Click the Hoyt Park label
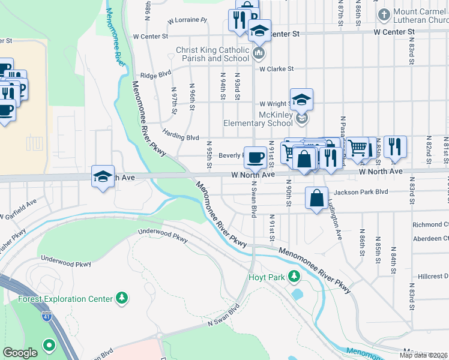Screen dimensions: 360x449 267,277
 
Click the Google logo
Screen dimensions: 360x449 20,353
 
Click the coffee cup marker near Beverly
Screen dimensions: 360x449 255,157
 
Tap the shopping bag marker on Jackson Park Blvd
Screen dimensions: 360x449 317,198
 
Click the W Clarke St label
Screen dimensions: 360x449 276,69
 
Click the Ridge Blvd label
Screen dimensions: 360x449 152,76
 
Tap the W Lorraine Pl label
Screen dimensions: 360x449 187,20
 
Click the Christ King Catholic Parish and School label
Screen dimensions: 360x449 212,54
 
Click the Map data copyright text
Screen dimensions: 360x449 423,355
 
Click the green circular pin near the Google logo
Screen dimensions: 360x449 48,346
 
